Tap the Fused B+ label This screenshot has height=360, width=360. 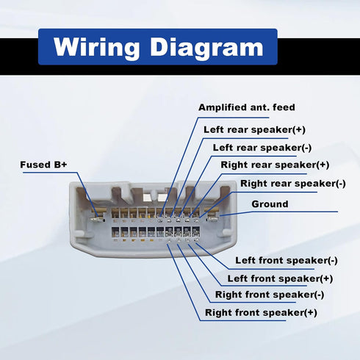(x=43, y=165)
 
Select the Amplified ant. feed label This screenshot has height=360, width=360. (x=247, y=107)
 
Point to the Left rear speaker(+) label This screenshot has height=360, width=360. (x=254, y=129)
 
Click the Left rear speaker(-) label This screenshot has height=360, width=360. (x=262, y=148)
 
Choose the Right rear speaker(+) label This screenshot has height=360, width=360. (x=275, y=165)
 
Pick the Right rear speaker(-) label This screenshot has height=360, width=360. (x=293, y=184)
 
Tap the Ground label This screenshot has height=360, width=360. (x=270, y=204)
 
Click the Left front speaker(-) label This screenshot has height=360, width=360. (x=287, y=260)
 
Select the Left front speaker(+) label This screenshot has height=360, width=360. (x=280, y=278)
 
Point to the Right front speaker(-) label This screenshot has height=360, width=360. (x=270, y=295)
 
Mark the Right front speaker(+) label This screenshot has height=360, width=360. (x=261, y=312)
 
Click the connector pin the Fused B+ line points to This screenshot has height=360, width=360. (x=97, y=219)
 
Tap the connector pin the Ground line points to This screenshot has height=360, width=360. (x=213, y=218)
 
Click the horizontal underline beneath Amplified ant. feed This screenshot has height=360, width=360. (x=234, y=118)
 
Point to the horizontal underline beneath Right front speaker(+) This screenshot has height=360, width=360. (x=242, y=320)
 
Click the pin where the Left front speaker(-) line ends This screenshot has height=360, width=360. (x=196, y=240)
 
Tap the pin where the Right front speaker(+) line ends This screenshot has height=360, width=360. (x=169, y=240)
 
